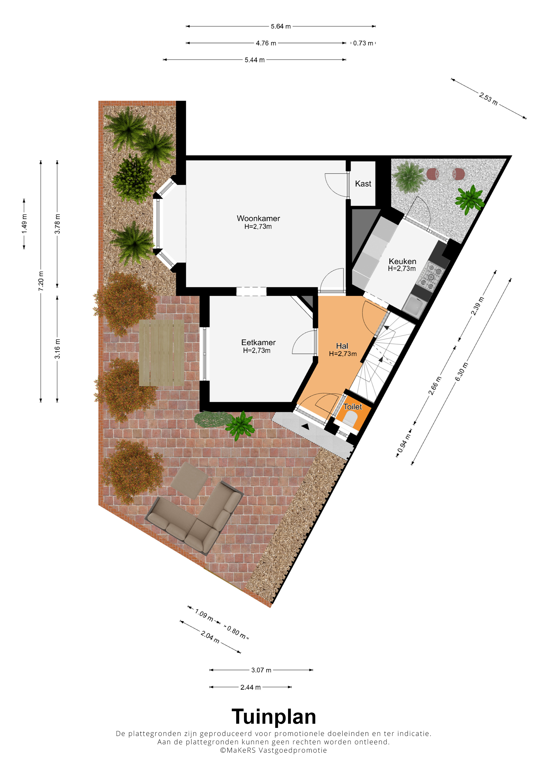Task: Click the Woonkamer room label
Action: coord(258,219)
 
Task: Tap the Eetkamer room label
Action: coord(258,343)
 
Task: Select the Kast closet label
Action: coord(363,184)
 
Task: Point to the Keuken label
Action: coord(402,261)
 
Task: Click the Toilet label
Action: coord(352,407)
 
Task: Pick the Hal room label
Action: coord(342,346)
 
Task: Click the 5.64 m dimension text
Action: coord(281,26)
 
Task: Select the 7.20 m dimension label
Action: coord(41,281)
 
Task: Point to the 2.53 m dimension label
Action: coord(488,99)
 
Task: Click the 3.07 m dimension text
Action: coord(261,670)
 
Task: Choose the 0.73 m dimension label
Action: coord(363,43)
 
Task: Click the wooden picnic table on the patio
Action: coord(161,353)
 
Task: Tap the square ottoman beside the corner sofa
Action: coord(189,480)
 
